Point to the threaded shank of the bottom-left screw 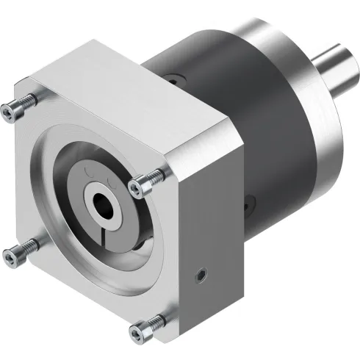[26, 246]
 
